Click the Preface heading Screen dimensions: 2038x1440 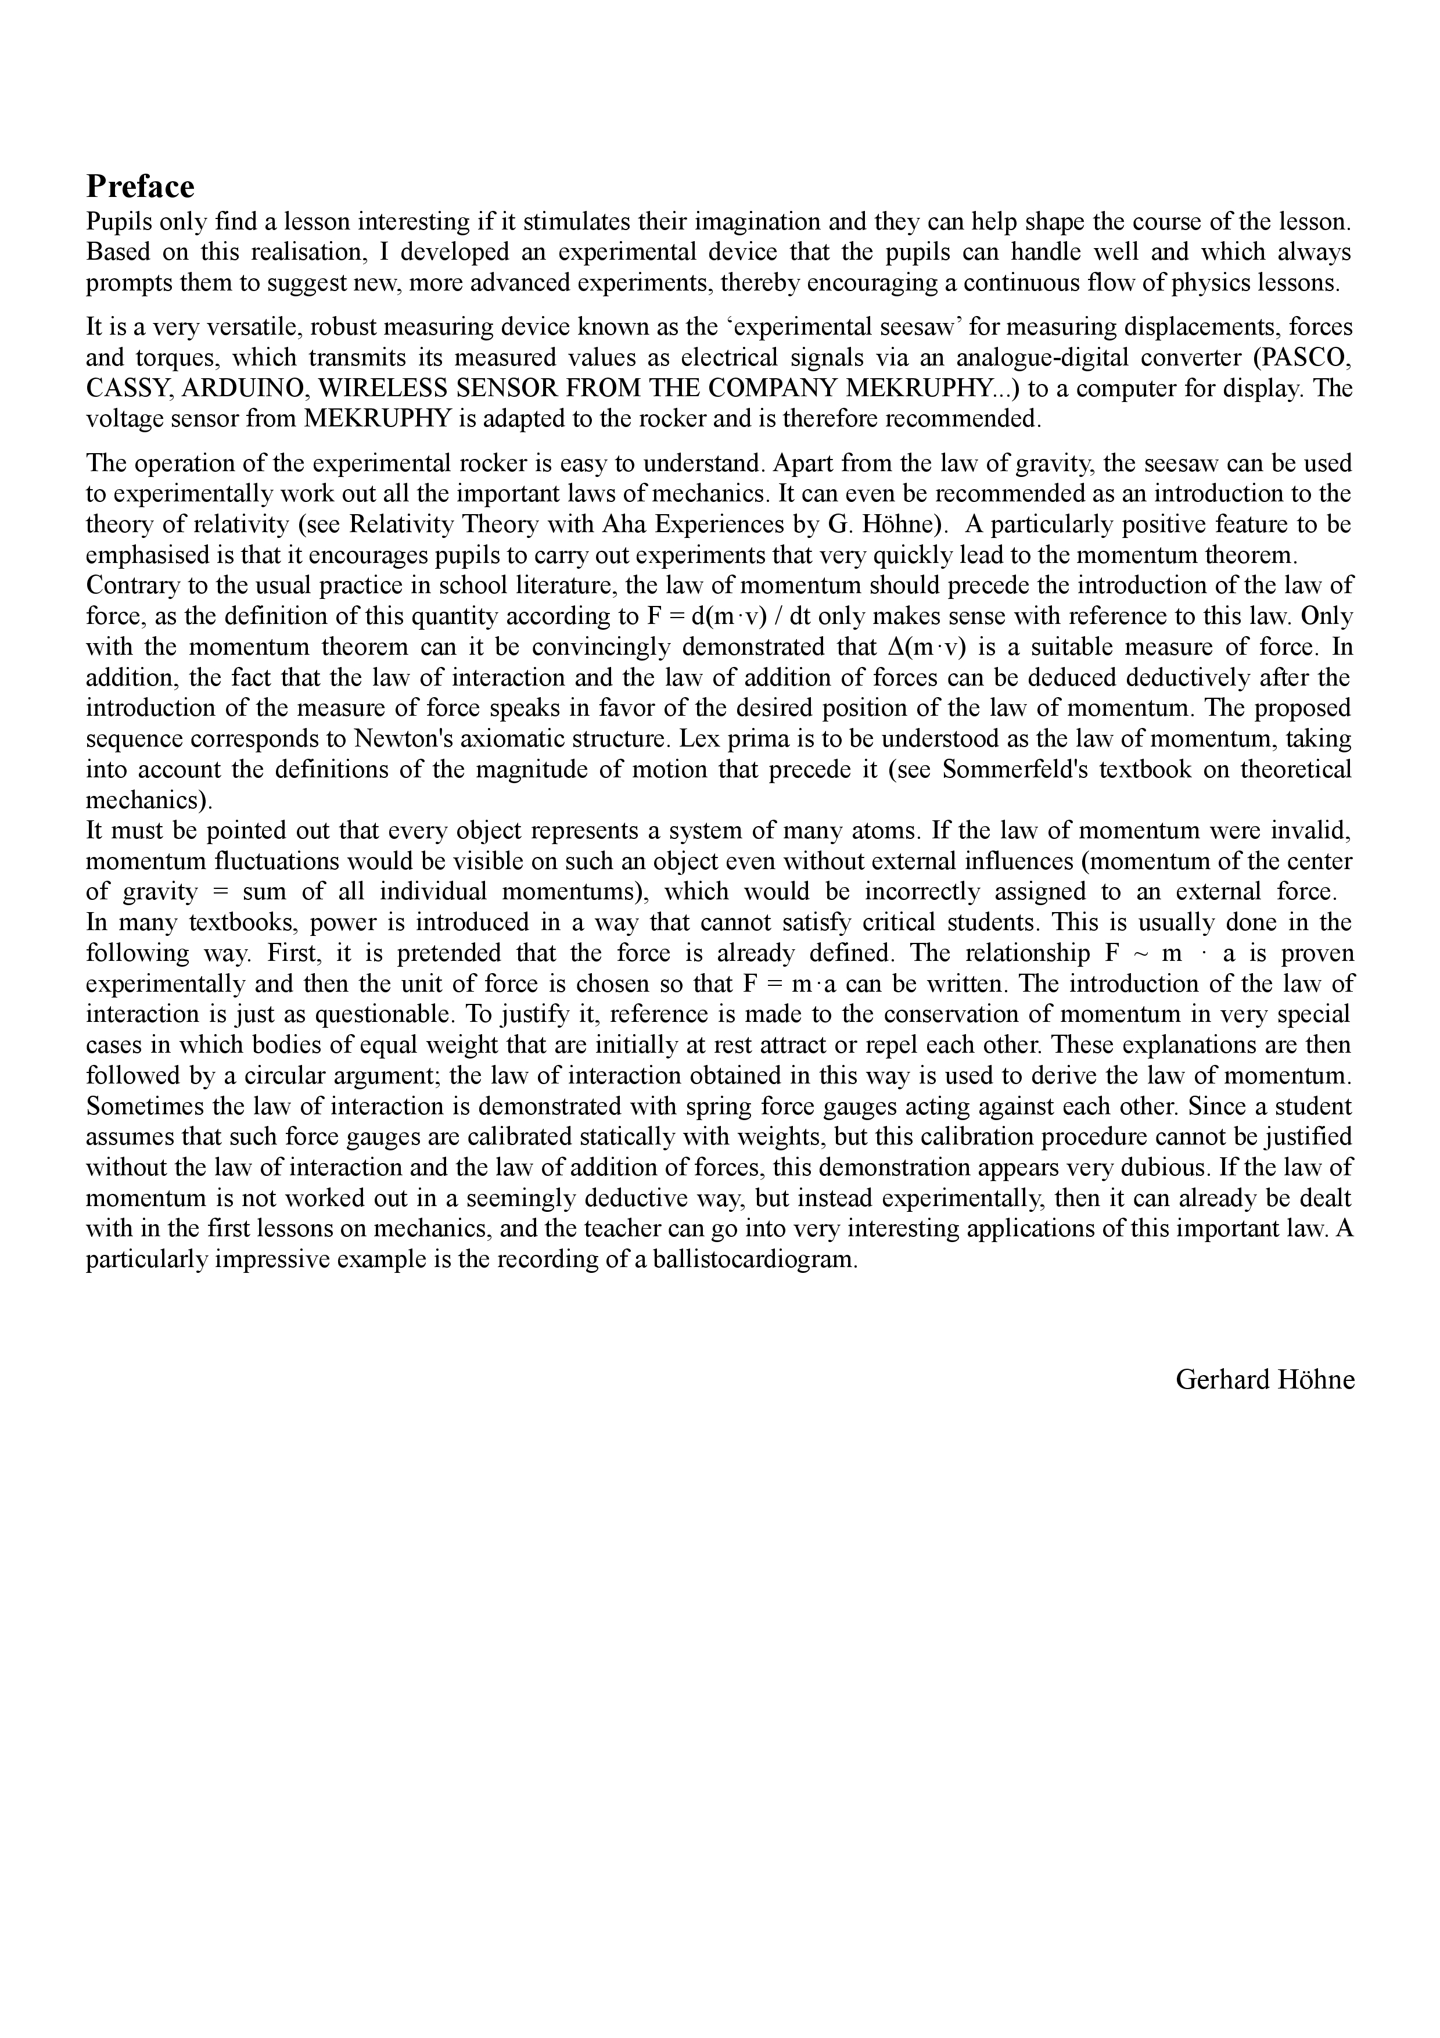coord(139,186)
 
